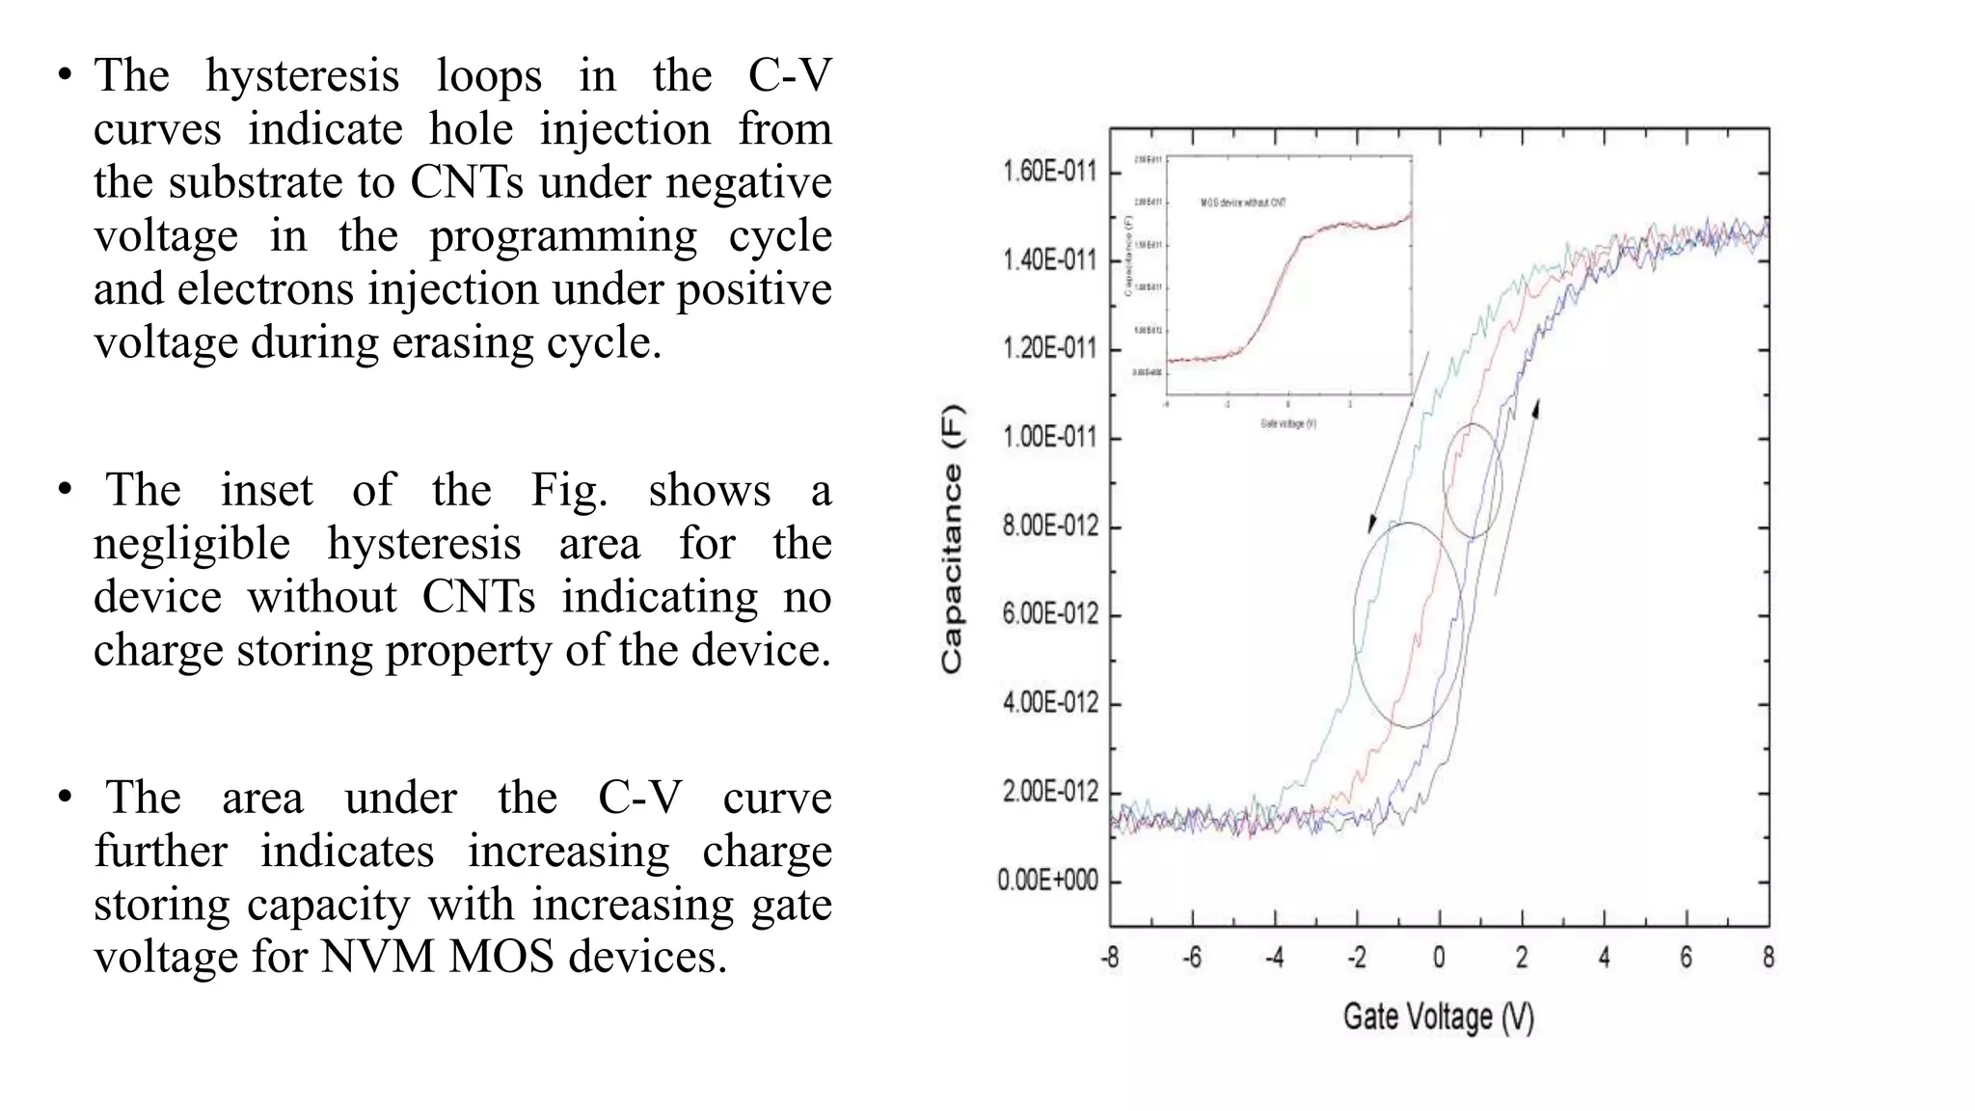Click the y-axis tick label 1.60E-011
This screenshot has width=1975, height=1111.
[x=1049, y=172]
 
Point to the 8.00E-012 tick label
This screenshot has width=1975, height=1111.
[x=1049, y=527]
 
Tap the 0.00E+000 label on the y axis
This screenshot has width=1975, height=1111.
[x=1047, y=881]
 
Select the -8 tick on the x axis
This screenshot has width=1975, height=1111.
[x=1110, y=958]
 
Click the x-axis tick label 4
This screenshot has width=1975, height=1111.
[x=1604, y=958]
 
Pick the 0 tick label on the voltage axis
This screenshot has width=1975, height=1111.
[x=1439, y=958]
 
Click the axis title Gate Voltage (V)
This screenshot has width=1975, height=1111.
[x=1438, y=1016]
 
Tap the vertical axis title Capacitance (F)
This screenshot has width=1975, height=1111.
[x=952, y=538]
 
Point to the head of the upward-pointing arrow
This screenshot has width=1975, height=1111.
[x=1536, y=407]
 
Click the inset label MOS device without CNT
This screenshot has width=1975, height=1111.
[x=1243, y=203]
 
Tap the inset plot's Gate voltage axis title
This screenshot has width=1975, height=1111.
[x=1287, y=423]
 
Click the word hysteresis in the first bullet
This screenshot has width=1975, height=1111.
[x=302, y=76]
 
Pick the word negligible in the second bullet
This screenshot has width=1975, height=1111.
[x=191, y=544]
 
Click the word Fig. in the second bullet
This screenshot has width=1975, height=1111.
[x=569, y=490]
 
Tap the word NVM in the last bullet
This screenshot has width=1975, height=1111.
[x=377, y=957]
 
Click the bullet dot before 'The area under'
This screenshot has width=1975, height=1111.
[x=65, y=798]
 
